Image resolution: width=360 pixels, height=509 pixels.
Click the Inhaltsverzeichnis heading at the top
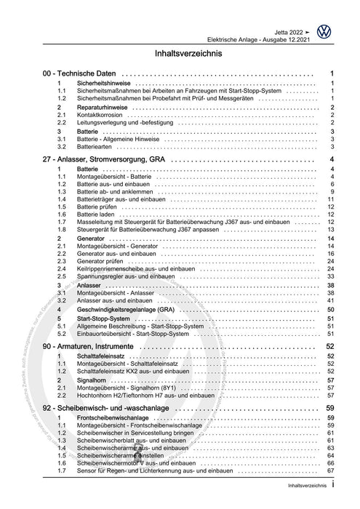[180, 54]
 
